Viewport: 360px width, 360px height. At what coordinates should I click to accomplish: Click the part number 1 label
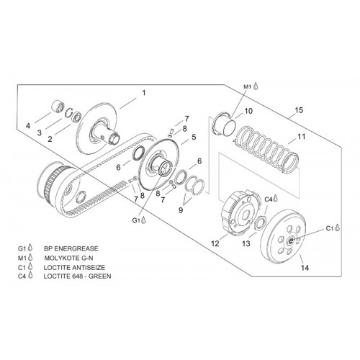(144, 93)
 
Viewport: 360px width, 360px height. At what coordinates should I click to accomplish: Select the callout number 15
(299, 110)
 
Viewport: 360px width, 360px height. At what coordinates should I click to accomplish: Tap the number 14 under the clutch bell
(305, 268)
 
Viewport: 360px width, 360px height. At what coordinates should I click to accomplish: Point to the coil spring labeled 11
(266, 149)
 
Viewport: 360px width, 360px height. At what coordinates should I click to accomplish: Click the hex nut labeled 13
(260, 223)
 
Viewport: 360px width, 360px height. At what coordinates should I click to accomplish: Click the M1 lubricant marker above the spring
(251, 86)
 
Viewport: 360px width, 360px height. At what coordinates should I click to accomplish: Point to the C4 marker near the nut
(271, 199)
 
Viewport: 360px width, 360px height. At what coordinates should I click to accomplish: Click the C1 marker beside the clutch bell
(333, 228)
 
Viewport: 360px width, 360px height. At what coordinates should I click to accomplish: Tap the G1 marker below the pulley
(139, 220)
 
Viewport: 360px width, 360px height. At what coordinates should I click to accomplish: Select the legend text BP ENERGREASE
(71, 248)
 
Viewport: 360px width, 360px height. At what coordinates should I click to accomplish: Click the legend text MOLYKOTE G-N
(68, 258)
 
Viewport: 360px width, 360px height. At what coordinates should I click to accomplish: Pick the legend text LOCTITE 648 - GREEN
(77, 276)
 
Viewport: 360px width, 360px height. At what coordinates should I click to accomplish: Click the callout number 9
(181, 210)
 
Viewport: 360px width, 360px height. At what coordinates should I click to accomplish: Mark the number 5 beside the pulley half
(194, 137)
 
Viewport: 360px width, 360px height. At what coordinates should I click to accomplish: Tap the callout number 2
(50, 139)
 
